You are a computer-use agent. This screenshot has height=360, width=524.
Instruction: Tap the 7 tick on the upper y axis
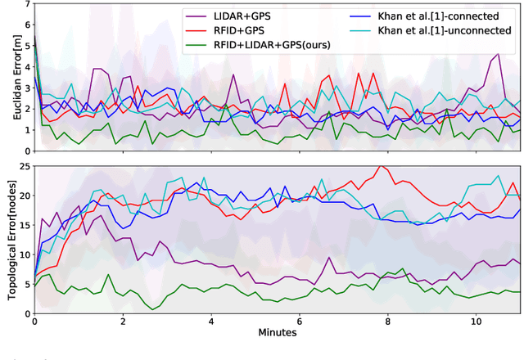pyautogui.click(x=27, y=3)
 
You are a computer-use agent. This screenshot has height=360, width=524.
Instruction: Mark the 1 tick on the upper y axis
pyautogui.click(x=27, y=129)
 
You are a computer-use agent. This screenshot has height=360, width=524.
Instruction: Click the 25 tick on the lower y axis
pyautogui.click(x=24, y=167)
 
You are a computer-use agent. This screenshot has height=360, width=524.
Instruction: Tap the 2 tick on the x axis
pyautogui.click(x=123, y=322)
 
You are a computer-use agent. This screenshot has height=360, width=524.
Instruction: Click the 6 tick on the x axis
pyautogui.click(x=300, y=322)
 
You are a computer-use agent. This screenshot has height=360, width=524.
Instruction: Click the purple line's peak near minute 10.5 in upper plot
pyautogui.click(x=498, y=55)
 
